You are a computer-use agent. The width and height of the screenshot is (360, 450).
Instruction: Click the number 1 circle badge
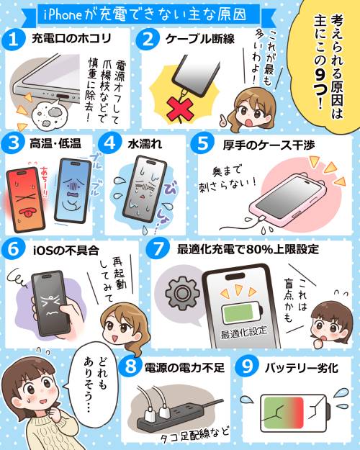(13, 40)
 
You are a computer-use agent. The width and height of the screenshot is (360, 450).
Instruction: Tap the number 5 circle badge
(202, 143)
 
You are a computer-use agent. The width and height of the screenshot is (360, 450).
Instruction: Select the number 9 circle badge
(247, 366)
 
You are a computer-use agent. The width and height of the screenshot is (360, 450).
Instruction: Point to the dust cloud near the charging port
(51, 113)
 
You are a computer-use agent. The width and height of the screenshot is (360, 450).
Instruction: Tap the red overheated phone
(26, 199)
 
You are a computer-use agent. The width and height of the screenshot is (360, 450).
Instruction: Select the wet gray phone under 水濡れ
(145, 189)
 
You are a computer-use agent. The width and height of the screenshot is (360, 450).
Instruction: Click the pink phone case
(288, 199)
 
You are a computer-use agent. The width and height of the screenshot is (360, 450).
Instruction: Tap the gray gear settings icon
(182, 293)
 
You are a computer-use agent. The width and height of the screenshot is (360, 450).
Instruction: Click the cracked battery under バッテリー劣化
(295, 413)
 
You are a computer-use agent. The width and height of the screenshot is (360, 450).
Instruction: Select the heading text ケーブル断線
(200, 40)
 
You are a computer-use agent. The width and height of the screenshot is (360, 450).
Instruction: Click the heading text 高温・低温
(55, 143)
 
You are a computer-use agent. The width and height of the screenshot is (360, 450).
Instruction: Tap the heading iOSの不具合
(66, 251)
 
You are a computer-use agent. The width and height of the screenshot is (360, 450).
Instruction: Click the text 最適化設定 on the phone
(244, 332)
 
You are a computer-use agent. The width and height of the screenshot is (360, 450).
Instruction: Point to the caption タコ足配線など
(194, 434)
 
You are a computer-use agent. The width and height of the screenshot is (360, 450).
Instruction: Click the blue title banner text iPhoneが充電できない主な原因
(145, 14)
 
